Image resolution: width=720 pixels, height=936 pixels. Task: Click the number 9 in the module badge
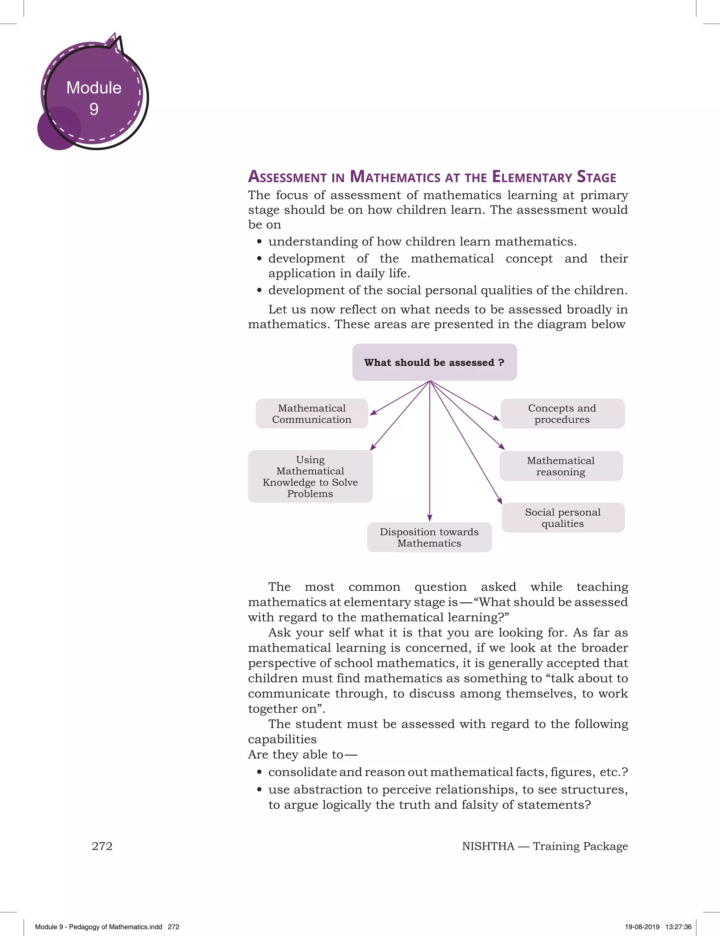click(94, 109)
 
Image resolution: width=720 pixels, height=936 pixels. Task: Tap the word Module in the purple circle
click(94, 88)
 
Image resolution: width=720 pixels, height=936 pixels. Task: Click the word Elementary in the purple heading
click(532, 177)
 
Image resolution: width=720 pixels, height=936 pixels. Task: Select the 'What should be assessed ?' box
click(434, 363)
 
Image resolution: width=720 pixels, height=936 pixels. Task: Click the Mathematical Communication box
click(311, 413)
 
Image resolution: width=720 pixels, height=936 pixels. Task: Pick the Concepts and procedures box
click(562, 413)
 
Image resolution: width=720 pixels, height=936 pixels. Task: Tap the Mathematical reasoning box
click(561, 466)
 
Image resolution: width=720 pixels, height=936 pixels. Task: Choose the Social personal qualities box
click(563, 518)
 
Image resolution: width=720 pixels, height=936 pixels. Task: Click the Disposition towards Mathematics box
click(429, 537)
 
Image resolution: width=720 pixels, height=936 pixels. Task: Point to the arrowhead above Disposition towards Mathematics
click(429, 518)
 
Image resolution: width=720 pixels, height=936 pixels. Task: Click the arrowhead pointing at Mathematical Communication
click(373, 413)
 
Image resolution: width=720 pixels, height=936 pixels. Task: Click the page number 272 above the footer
click(102, 846)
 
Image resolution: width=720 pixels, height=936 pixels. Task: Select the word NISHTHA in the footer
click(488, 846)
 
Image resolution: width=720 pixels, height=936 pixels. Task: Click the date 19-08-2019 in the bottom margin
click(642, 927)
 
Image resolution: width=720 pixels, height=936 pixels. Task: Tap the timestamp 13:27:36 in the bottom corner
click(679, 927)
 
